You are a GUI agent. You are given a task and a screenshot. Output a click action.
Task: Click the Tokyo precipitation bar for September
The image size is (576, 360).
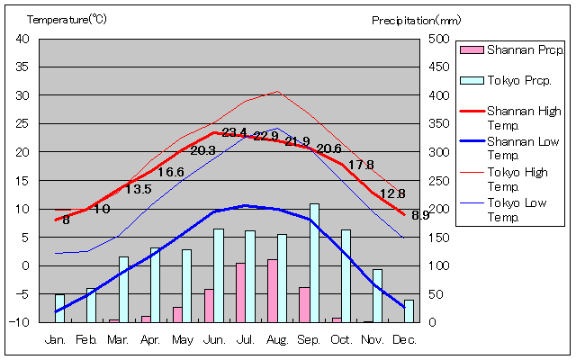(314, 263)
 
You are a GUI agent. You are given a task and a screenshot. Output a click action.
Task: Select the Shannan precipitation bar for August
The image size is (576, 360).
(272, 291)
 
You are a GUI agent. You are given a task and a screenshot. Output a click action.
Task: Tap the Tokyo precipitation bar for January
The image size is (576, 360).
(59, 308)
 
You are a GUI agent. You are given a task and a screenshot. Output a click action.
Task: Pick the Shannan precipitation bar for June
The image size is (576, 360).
(209, 305)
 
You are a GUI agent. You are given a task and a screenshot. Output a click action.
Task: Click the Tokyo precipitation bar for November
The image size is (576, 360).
(377, 295)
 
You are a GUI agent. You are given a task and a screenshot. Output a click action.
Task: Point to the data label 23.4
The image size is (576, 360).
(234, 133)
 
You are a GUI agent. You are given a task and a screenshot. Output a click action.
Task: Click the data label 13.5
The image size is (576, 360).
(138, 189)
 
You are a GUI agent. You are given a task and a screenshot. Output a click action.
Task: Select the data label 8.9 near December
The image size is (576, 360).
(420, 215)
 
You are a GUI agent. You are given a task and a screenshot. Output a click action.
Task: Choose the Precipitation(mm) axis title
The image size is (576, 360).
(416, 19)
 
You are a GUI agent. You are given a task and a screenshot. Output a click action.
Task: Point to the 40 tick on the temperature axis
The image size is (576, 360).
(22, 39)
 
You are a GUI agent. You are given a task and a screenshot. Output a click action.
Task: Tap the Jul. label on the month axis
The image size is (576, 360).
(245, 339)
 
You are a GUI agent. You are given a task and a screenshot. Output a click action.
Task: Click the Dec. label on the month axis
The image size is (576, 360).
(404, 339)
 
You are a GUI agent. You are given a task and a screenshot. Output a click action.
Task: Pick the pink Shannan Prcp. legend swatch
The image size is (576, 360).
(472, 50)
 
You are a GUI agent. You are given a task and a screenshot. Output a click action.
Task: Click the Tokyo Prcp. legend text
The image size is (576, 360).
(519, 80)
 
